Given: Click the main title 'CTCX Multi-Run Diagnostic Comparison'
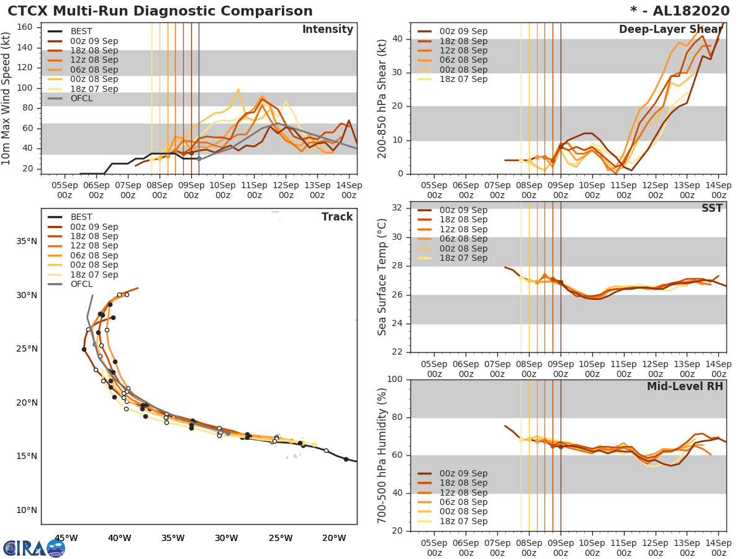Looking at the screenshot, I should [160, 11].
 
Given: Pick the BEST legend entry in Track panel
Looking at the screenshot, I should [81, 217].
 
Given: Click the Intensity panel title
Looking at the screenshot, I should [327, 30].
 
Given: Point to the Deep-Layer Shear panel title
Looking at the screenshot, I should [670, 30].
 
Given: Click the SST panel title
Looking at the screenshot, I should [711, 208].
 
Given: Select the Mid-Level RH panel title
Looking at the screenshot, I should [685, 386].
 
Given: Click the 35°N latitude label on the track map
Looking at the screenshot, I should [25, 241].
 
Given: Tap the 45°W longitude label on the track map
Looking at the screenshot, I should [66, 538].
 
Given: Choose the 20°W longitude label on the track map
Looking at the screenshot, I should [334, 538].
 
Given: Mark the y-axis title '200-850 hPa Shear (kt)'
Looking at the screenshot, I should [383, 98].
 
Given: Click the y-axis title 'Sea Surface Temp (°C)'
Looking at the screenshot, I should [383, 276].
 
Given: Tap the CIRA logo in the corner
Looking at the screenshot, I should [34, 548].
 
